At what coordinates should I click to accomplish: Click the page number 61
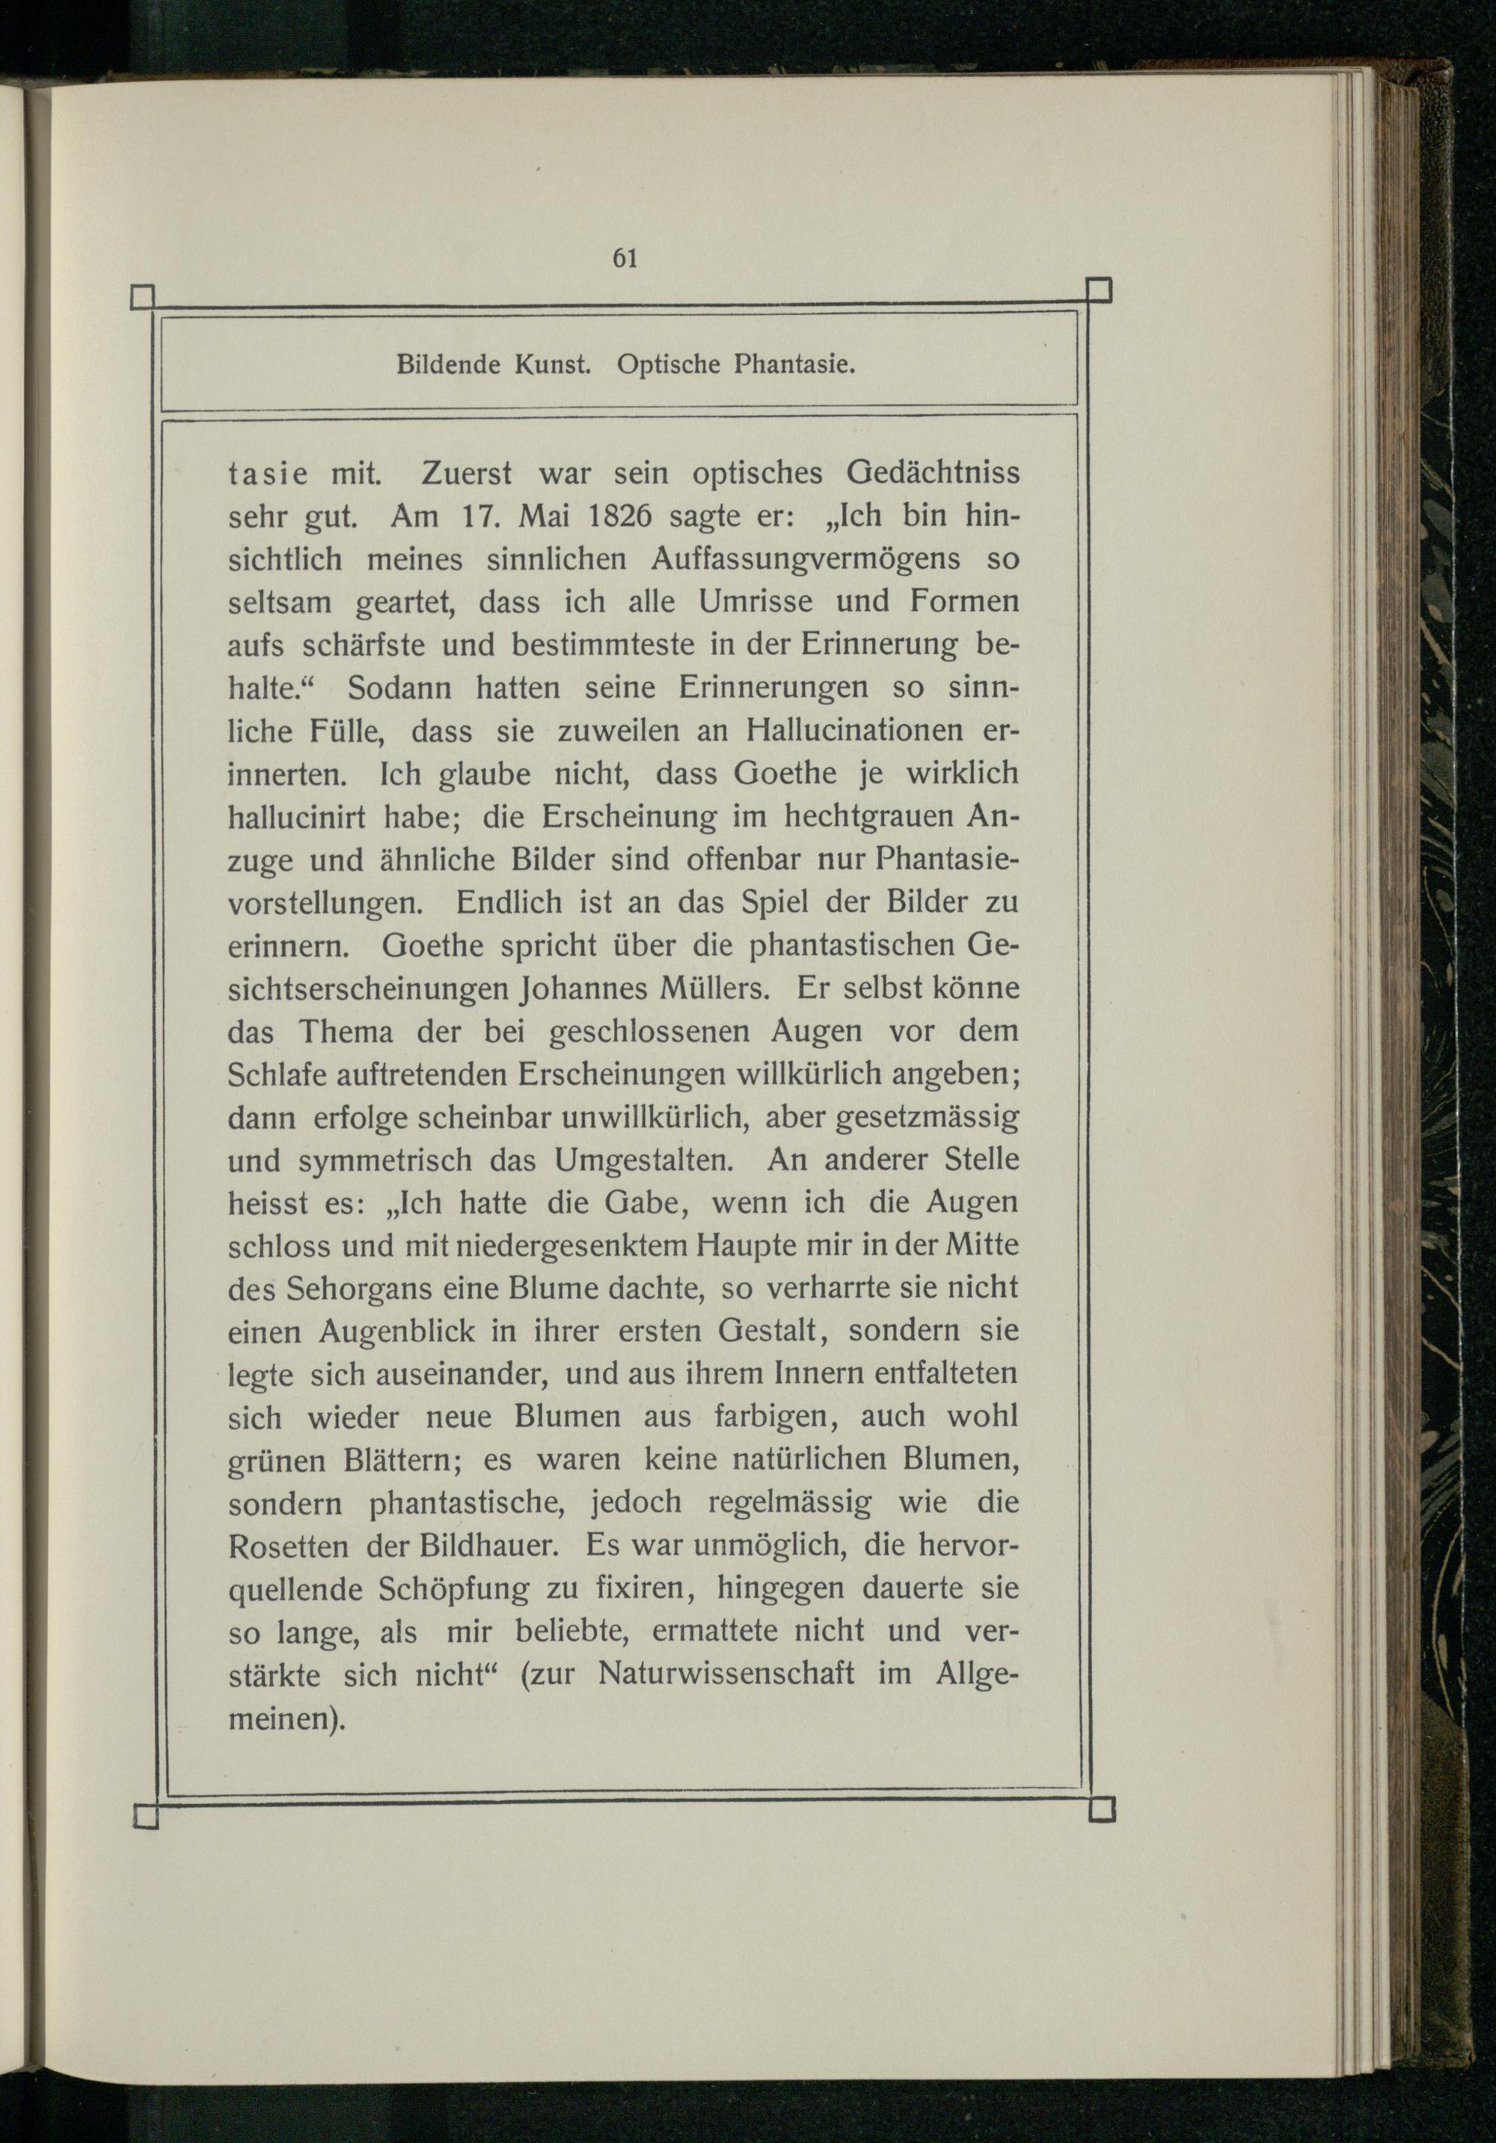click(x=625, y=260)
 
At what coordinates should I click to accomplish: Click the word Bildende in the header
click(x=449, y=364)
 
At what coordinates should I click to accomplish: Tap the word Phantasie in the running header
click(x=794, y=364)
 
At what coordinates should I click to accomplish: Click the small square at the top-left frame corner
click(x=142, y=297)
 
